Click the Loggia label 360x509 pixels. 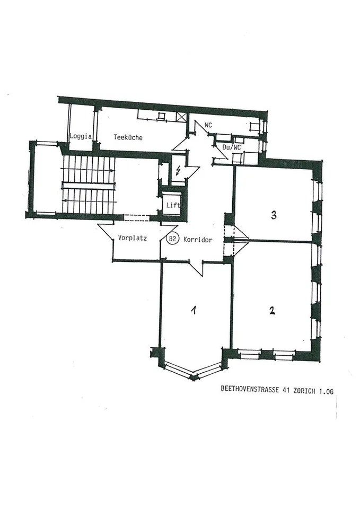pos(81,136)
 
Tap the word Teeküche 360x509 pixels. pos(128,137)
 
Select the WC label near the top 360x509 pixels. pos(208,125)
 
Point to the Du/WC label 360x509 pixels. pos(232,148)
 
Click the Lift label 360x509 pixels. pos(173,205)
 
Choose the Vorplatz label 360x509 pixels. pos(133,238)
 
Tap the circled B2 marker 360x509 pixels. pos(172,239)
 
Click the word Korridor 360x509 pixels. pos(198,240)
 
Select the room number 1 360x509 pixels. pos(194,310)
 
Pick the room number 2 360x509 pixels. pos(271,311)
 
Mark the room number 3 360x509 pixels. pos(274,215)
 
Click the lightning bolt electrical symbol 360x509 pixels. pos(178,170)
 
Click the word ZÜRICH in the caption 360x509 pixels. pos(304,391)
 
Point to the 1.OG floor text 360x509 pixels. pos(326,392)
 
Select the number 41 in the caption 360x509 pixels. pos(286,390)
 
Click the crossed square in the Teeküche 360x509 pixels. pos(182,117)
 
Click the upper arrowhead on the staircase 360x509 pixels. pos(112,170)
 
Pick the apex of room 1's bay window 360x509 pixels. pos(194,378)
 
